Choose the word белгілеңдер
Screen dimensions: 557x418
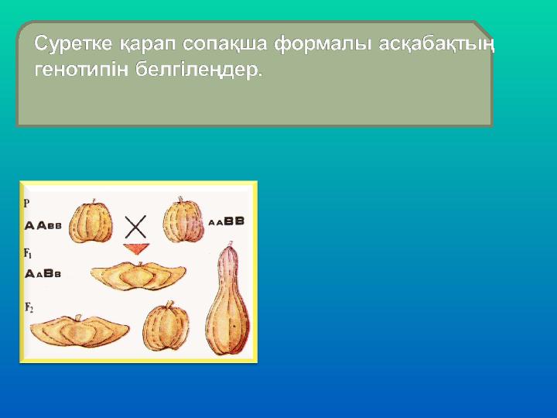point(199,70)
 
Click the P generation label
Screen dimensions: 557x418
point(26,204)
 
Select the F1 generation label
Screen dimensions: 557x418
point(28,253)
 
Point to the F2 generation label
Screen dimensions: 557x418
point(29,307)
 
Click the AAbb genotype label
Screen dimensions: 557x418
point(43,226)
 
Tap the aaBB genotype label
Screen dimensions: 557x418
point(226,221)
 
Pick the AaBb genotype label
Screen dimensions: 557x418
point(43,274)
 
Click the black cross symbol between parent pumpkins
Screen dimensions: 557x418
point(135,227)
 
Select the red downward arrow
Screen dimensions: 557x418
point(136,248)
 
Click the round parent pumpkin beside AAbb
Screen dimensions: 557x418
point(91,221)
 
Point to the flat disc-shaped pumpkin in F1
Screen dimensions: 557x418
point(138,276)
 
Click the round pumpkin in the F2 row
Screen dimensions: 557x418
point(166,326)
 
